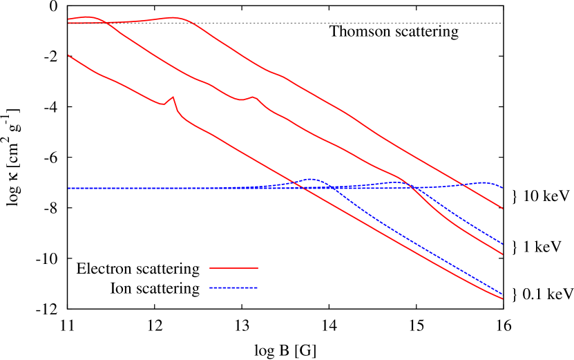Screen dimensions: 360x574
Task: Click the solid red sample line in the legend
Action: click(x=233, y=267)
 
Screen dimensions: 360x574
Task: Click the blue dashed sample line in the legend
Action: click(x=233, y=287)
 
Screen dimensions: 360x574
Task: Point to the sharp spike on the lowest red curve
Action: click(x=173, y=97)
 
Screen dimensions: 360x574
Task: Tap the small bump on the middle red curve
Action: click(x=253, y=97)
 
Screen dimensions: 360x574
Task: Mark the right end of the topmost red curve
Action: click(x=502, y=208)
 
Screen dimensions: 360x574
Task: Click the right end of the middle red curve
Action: click(x=502, y=254)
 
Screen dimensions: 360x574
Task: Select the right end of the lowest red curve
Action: click(x=502, y=299)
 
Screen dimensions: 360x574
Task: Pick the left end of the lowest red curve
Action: click(x=68, y=55)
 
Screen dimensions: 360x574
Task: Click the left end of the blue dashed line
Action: click(x=68, y=188)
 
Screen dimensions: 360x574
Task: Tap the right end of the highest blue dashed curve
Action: click(x=502, y=188)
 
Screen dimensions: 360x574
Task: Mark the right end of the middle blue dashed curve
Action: click(x=502, y=244)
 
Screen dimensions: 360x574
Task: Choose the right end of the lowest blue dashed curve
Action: click(x=502, y=294)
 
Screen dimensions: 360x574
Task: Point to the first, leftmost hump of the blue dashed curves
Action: click(x=311, y=179)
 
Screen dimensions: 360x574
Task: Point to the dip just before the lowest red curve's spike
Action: click(x=164, y=104)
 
